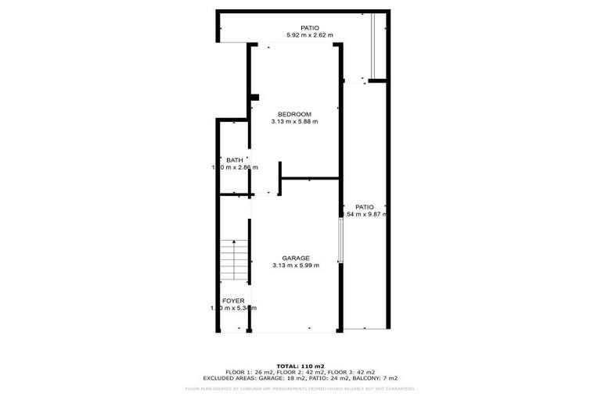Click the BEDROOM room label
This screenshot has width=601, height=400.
point(294,114)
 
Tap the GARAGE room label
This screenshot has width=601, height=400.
point(291,258)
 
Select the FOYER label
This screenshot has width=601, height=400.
point(233,301)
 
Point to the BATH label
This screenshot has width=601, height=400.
point(234,160)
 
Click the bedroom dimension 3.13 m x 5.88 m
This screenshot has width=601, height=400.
point(294,122)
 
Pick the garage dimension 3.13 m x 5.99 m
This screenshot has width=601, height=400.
point(291,266)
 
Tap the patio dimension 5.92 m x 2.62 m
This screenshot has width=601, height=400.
point(309,35)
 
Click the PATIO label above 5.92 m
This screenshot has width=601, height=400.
point(309,28)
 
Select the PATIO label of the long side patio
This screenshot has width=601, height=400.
point(364,207)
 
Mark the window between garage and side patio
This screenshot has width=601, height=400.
point(340,240)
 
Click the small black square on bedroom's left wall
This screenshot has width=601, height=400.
point(254,98)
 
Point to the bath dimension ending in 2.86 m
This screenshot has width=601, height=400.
point(234,167)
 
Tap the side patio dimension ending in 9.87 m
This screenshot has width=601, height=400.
point(366,214)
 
